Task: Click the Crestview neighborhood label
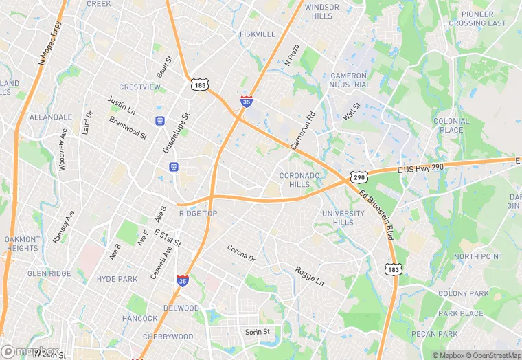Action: (139, 87)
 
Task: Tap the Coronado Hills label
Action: (299, 180)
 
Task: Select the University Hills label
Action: (343, 218)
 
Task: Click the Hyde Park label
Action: (117, 279)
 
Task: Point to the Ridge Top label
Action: (198, 214)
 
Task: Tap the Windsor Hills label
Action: (321, 12)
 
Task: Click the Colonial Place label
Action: (451, 125)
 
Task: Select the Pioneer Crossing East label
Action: (477, 19)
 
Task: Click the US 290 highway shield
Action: (357, 177)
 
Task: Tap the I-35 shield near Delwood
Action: (183, 280)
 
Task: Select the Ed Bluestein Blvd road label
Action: (376, 214)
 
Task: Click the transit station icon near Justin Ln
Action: (160, 120)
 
